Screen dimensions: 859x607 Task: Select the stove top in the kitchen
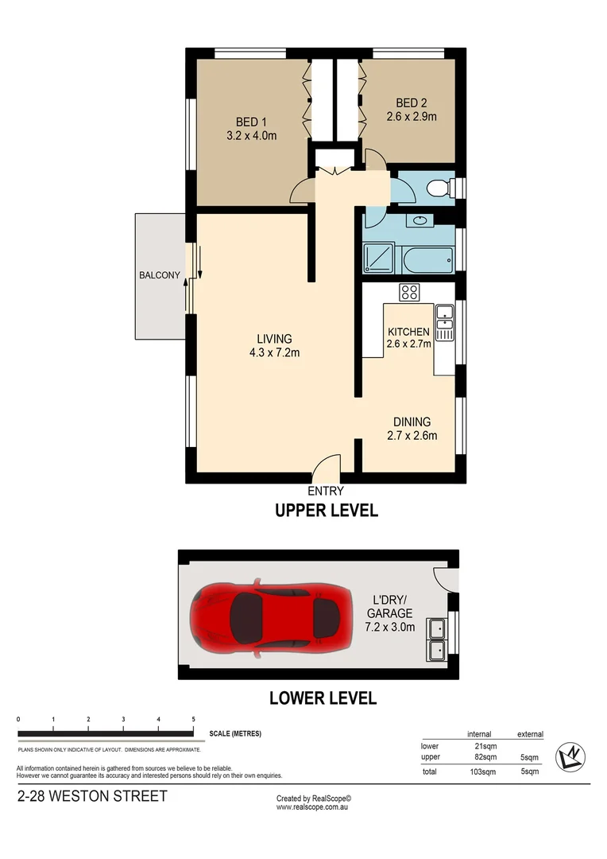click(x=409, y=292)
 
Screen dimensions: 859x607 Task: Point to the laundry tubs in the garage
click(x=436, y=639)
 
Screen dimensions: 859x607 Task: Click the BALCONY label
click(x=160, y=276)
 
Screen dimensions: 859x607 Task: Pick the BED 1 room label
click(x=251, y=122)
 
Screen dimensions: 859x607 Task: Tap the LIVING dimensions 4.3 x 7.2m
click(x=274, y=352)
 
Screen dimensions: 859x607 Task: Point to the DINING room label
click(x=412, y=422)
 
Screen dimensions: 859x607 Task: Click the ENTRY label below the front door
click(x=326, y=491)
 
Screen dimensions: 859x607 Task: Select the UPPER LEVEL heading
click(x=326, y=511)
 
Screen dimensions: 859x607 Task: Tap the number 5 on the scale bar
click(x=194, y=719)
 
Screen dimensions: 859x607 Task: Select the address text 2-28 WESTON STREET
click(x=92, y=796)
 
